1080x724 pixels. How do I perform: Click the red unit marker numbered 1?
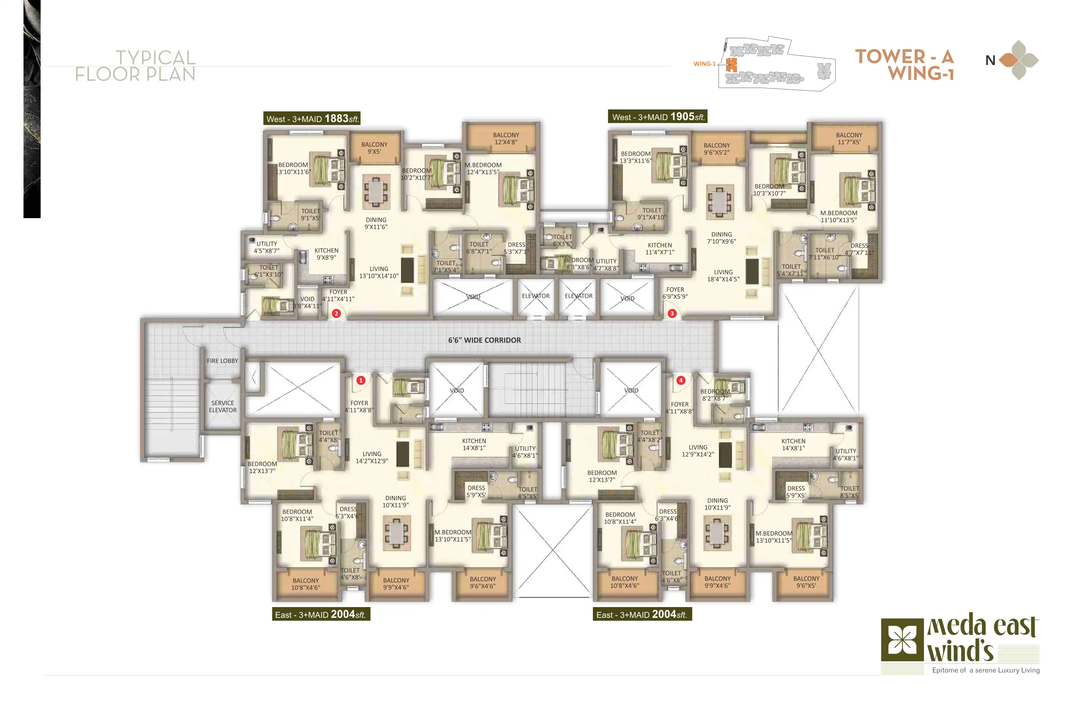pyautogui.click(x=361, y=380)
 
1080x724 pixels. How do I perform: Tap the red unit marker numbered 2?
pyautogui.click(x=336, y=314)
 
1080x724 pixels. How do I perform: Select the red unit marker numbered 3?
pyautogui.click(x=672, y=314)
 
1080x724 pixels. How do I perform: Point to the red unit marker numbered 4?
pyautogui.click(x=680, y=380)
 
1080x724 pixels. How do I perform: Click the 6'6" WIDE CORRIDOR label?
pyautogui.click(x=484, y=340)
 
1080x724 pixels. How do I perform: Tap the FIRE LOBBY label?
pyautogui.click(x=223, y=361)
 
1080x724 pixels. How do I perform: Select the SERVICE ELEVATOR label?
pyautogui.click(x=223, y=406)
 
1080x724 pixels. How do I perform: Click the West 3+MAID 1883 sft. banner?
pyautogui.click(x=312, y=119)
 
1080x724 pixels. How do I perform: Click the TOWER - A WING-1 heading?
pyautogui.click(x=904, y=65)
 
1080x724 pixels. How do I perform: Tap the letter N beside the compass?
pyautogui.click(x=990, y=60)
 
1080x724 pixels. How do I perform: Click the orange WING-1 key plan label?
pyautogui.click(x=704, y=64)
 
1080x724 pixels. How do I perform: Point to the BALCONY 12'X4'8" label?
pyautogui.click(x=506, y=138)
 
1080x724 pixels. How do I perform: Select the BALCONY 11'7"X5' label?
pyautogui.click(x=849, y=138)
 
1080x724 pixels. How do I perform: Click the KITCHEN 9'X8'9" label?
pyautogui.click(x=327, y=254)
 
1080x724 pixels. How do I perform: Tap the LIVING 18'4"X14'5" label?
pyautogui.click(x=723, y=276)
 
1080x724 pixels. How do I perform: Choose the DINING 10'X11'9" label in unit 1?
pyautogui.click(x=396, y=501)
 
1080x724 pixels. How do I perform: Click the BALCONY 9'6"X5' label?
pyautogui.click(x=806, y=582)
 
